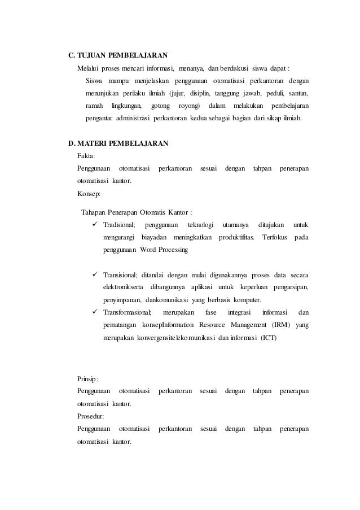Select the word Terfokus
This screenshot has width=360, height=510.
[276, 238]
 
